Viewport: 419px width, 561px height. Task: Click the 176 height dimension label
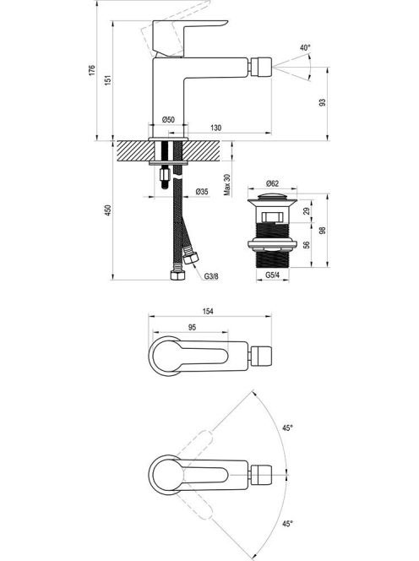[x=92, y=70]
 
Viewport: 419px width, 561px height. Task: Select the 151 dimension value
[x=108, y=79]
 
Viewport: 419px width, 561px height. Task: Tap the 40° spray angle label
[x=305, y=47]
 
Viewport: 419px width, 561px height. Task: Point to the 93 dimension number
[x=323, y=103]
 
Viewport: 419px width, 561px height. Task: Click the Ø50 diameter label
[x=168, y=119]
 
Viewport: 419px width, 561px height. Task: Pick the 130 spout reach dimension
[x=215, y=128]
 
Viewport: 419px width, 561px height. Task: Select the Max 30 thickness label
[x=227, y=185]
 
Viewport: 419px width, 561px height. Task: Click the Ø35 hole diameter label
[x=202, y=192]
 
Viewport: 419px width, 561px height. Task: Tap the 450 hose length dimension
[x=108, y=210]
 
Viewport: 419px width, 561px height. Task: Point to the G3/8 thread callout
[x=211, y=276]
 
